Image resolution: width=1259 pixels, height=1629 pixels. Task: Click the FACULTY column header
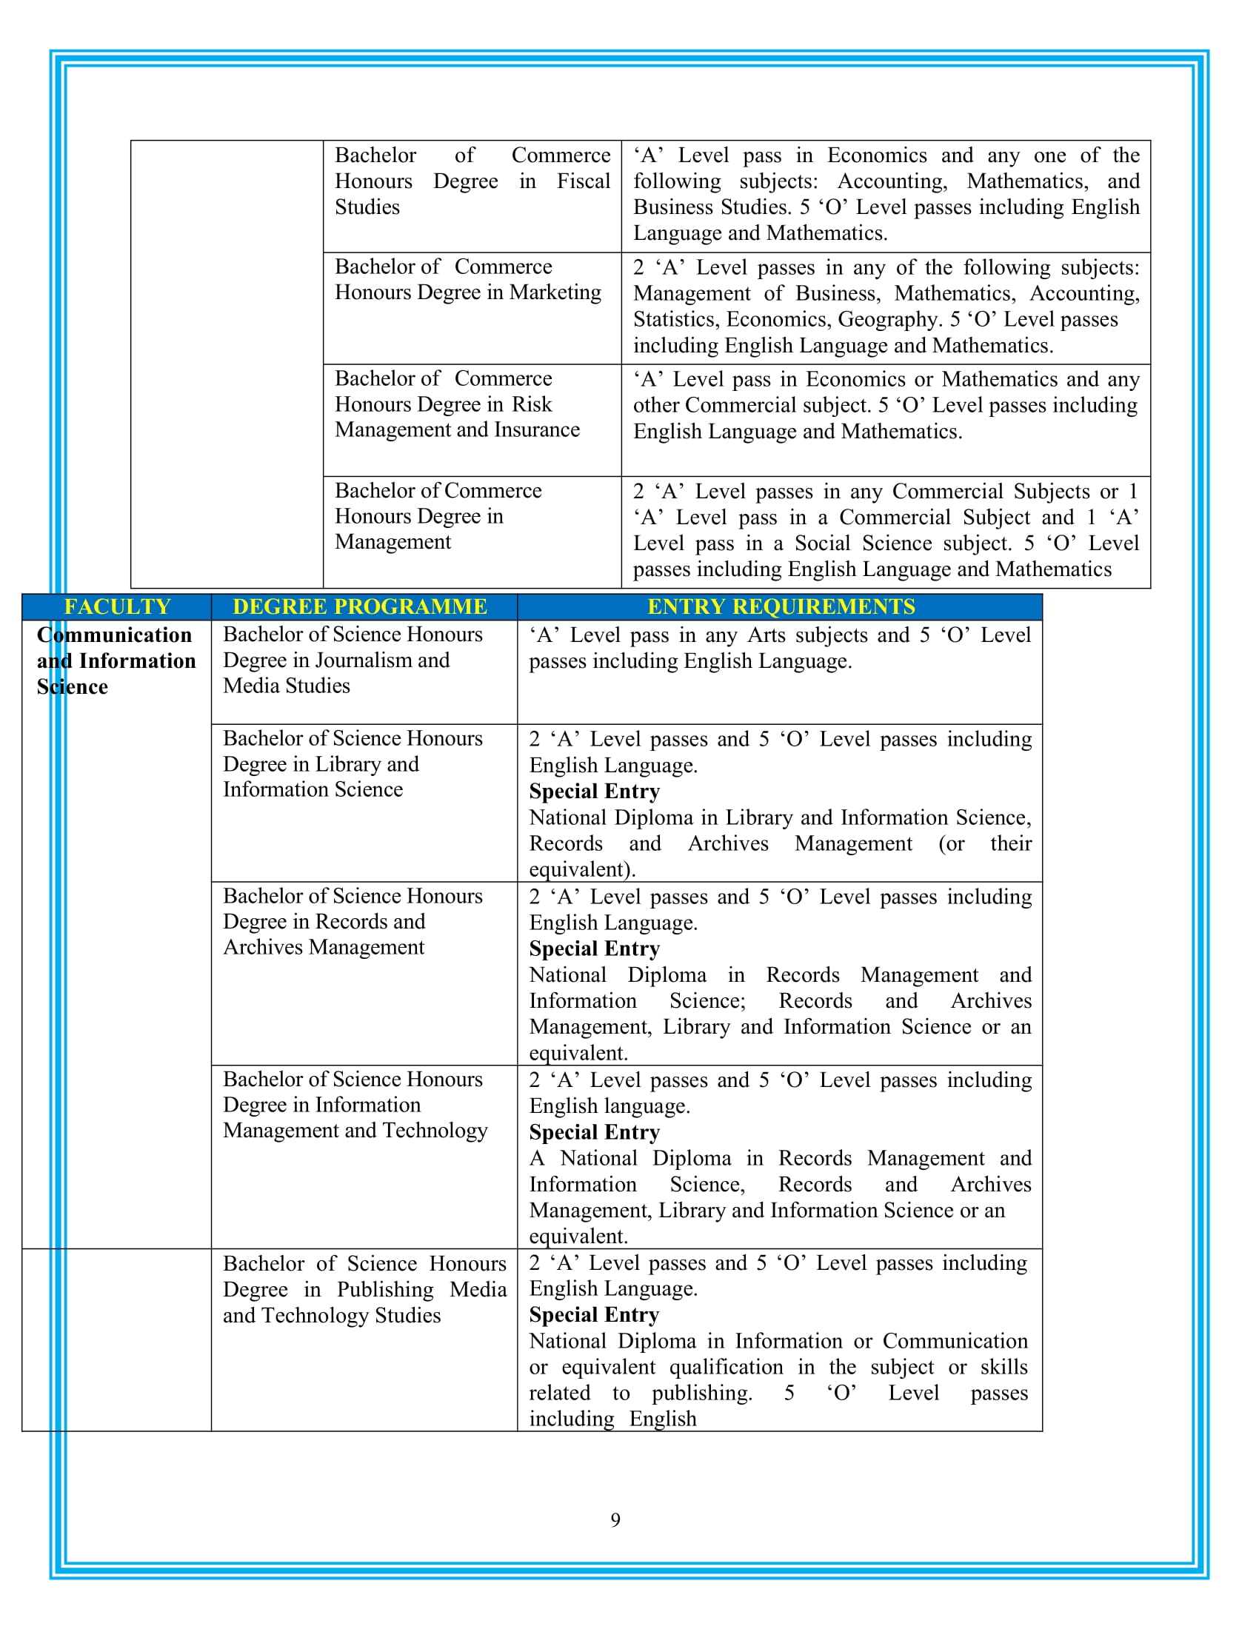(117, 606)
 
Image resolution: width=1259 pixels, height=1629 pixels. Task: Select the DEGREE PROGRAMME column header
(359, 606)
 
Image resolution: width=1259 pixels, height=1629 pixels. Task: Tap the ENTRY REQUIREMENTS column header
(780, 606)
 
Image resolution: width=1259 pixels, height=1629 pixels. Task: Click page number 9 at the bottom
(615, 1519)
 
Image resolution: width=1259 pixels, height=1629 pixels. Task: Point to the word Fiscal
(584, 181)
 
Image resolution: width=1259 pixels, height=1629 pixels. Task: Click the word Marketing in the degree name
(555, 292)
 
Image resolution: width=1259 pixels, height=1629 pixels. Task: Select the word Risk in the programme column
(531, 404)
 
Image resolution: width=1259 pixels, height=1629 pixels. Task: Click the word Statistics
(675, 319)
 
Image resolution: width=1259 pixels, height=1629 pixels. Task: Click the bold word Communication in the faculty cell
(114, 635)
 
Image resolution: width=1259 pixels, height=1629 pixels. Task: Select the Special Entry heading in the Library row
(595, 791)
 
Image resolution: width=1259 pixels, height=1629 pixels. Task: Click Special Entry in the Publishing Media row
(595, 1314)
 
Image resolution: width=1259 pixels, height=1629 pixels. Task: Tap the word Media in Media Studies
(243, 686)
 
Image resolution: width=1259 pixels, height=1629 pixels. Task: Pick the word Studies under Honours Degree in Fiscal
(367, 207)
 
